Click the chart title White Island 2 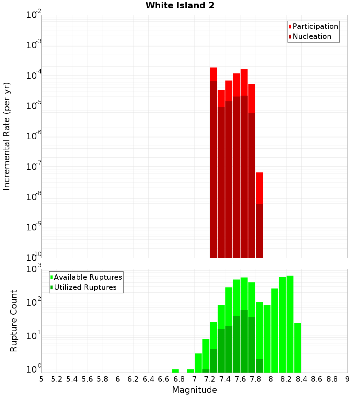click(180, 5)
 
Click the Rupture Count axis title click(14, 320)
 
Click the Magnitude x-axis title click(194, 390)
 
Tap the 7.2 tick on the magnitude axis click(210, 379)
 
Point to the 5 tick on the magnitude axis click(41, 379)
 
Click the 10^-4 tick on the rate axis click(34, 76)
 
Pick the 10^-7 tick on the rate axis click(34, 167)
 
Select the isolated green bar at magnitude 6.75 click(175, 371)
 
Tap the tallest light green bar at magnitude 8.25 click(290, 324)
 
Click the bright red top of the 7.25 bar click(213, 74)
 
